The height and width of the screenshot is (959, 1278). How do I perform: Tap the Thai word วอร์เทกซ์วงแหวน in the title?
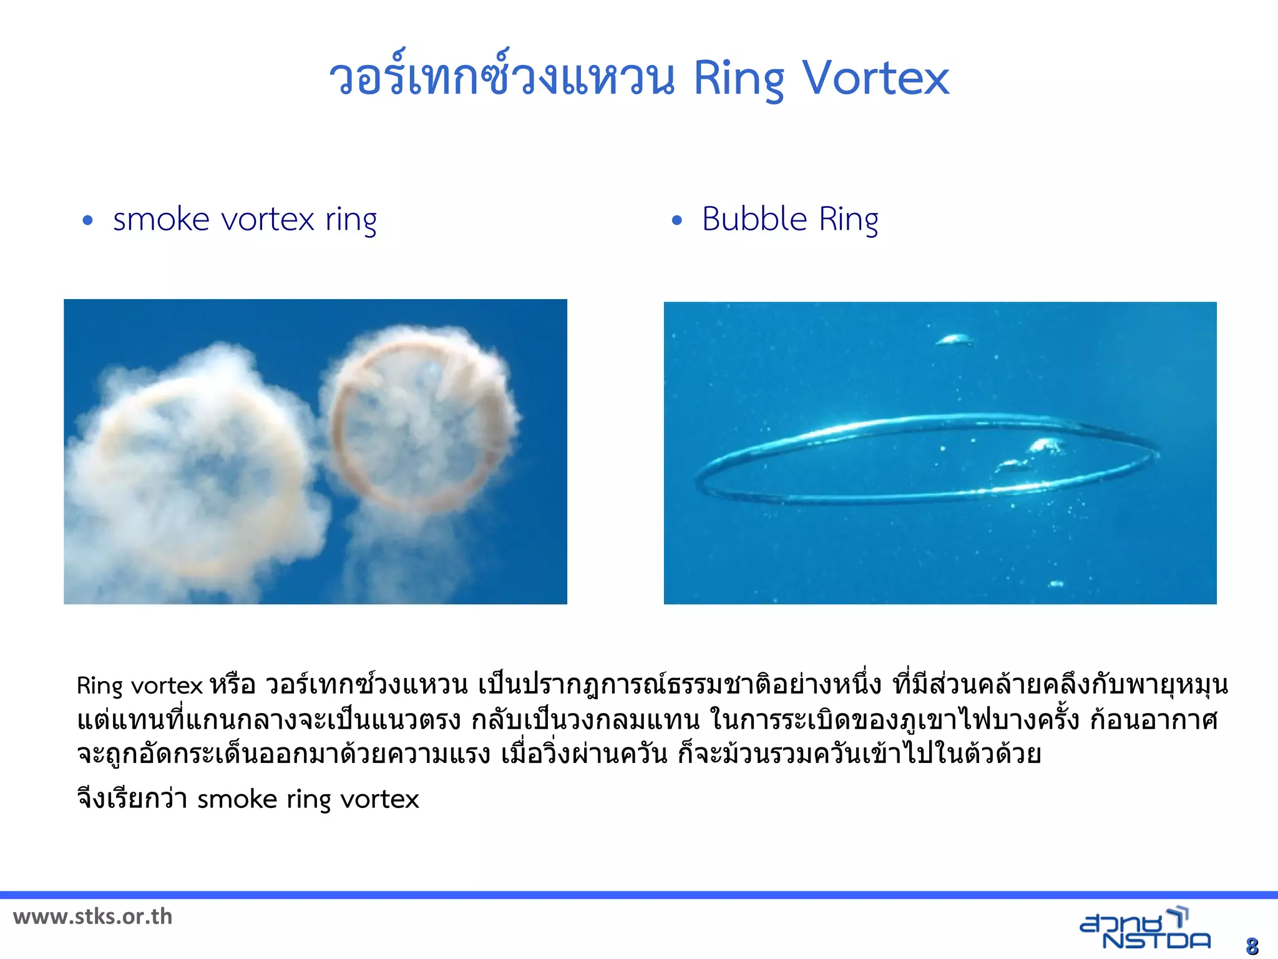(x=502, y=78)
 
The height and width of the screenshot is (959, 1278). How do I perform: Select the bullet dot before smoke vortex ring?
(x=87, y=220)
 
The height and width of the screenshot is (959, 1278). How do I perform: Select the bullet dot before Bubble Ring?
(x=677, y=220)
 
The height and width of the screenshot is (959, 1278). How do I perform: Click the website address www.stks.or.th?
(x=92, y=917)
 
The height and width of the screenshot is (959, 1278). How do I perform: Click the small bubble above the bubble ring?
(x=954, y=340)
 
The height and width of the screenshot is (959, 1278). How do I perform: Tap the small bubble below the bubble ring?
(x=1056, y=584)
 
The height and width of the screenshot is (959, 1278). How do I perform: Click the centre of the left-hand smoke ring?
(x=200, y=475)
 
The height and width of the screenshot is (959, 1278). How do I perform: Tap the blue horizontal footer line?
(x=639, y=895)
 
